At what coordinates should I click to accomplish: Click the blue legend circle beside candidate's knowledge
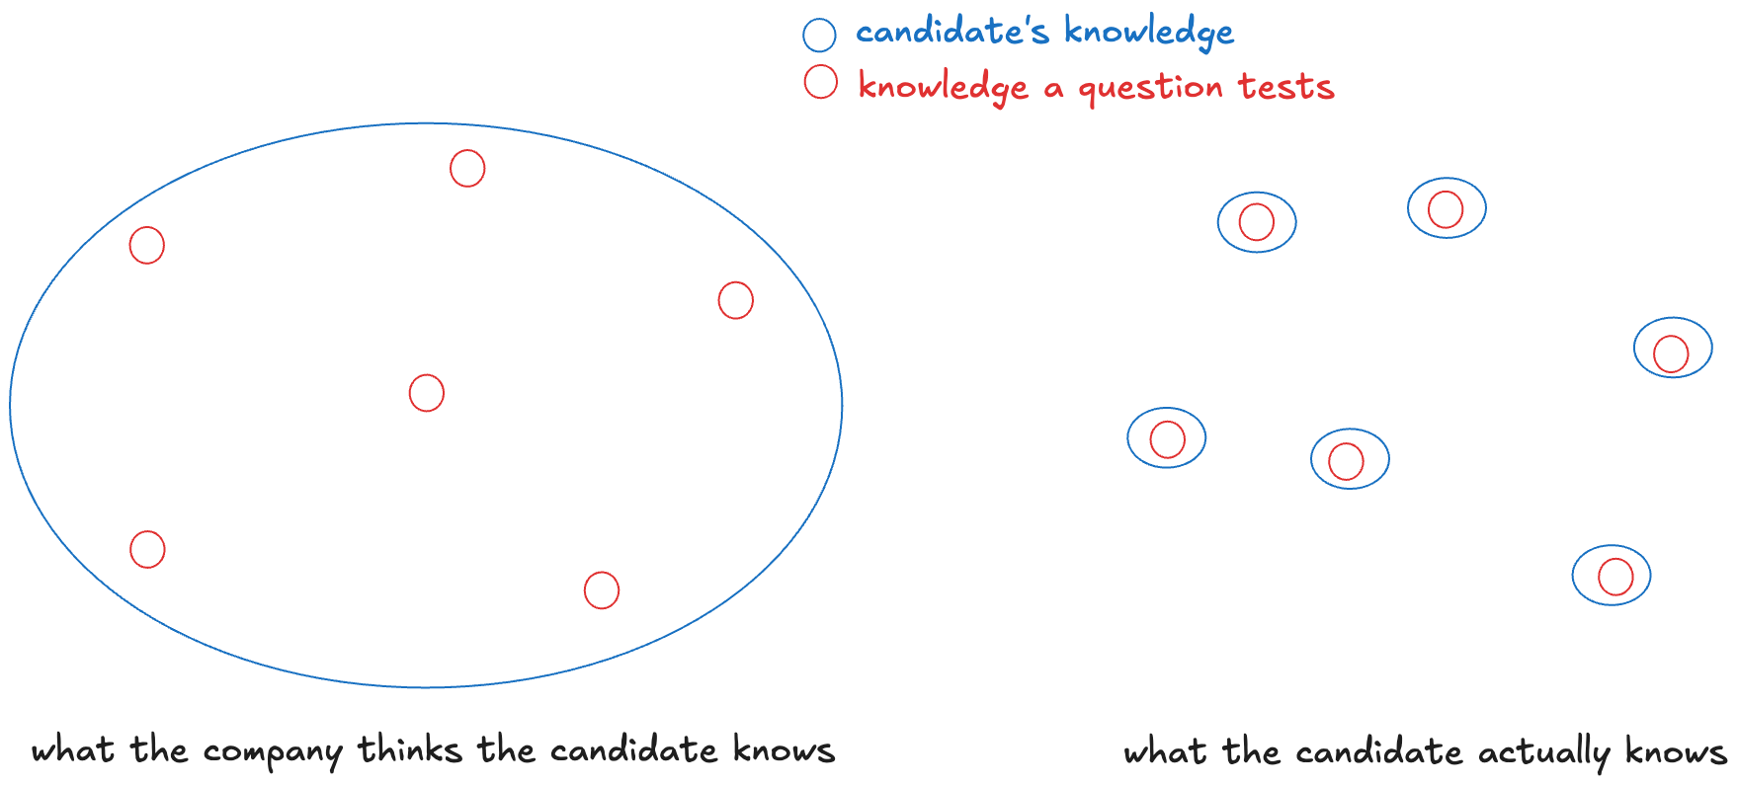coord(819,36)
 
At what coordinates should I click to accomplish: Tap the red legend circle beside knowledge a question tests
coord(820,82)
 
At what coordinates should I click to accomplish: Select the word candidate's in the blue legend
coord(951,33)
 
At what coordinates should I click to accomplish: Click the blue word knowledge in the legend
coord(1149,34)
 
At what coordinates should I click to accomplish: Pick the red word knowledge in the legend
coord(943,88)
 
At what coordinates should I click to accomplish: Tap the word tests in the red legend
coord(1286,87)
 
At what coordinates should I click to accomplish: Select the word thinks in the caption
coord(409,750)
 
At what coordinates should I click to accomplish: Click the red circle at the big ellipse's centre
coord(427,393)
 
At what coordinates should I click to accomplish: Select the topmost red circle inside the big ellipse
coord(467,168)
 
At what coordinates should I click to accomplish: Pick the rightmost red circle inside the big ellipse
coord(735,300)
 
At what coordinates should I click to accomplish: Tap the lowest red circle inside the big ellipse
coord(602,590)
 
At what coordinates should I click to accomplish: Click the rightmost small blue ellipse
coord(1673,348)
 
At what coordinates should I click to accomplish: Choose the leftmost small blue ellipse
coord(1167,437)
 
